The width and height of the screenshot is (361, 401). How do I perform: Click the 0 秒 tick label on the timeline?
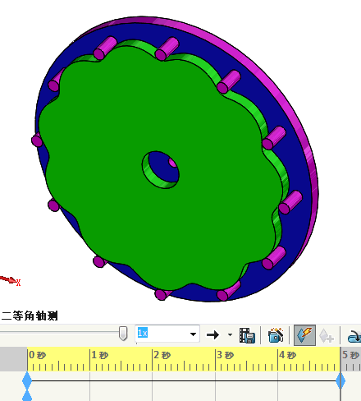(38, 355)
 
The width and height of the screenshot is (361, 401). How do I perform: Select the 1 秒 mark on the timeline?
(99, 355)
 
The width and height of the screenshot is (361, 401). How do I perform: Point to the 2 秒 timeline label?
(162, 355)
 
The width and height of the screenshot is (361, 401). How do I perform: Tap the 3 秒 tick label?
(224, 355)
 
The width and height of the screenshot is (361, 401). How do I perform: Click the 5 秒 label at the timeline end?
(350, 355)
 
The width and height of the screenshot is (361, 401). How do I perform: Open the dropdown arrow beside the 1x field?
(194, 334)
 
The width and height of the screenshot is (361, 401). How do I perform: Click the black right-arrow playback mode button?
(212, 334)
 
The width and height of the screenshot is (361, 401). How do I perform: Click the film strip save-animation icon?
(247, 334)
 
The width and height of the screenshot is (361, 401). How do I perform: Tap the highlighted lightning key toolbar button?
(304, 334)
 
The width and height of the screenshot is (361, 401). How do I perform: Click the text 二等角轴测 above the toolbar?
(30, 316)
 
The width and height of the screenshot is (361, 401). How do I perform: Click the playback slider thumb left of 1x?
(123, 333)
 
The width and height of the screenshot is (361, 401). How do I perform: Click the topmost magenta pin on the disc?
(167, 48)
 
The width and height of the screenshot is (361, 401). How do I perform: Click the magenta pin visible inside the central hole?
(171, 163)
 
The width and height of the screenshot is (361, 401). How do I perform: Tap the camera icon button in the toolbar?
(276, 334)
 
